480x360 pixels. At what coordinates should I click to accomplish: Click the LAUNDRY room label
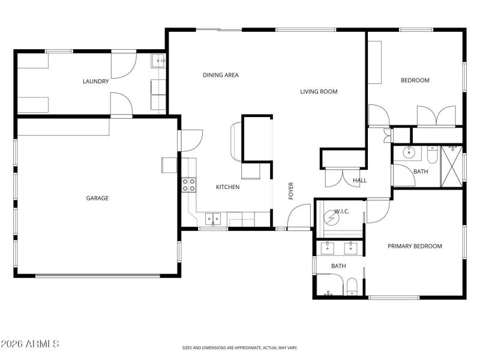coord(96,82)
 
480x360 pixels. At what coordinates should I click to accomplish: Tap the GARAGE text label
coord(97,198)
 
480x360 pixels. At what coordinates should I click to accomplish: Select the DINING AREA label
coord(221,75)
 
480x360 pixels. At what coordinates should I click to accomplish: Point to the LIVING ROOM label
coord(319,92)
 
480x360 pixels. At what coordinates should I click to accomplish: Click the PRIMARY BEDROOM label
coord(415,246)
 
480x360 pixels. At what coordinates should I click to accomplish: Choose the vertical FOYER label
coord(292,191)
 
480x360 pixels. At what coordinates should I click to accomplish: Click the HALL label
coord(360,180)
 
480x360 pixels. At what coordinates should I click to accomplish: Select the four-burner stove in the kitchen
coord(189,185)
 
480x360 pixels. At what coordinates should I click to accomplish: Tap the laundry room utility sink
coord(159,59)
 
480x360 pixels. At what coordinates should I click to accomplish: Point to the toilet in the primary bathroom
coord(353,286)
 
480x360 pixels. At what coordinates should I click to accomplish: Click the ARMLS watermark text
coord(30,344)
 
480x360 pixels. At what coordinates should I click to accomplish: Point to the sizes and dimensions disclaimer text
coord(240,347)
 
